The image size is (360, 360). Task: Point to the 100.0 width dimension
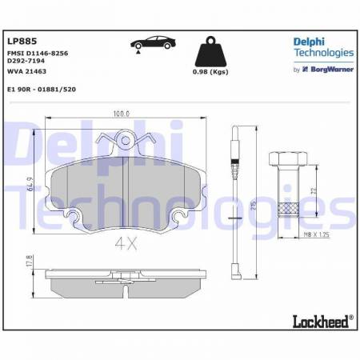click(x=121, y=114)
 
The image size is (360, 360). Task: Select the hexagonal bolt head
click(x=289, y=159)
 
